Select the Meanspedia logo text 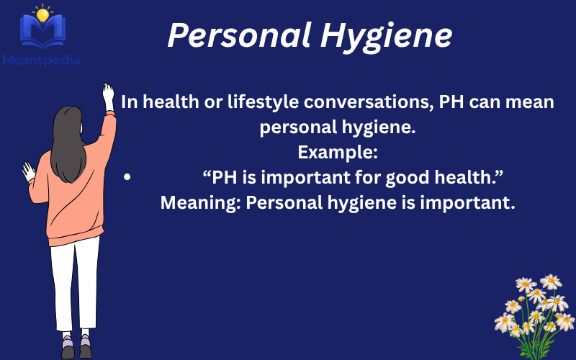(41, 60)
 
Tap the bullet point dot (127, 177)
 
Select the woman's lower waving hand (29, 171)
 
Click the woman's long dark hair (69, 144)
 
